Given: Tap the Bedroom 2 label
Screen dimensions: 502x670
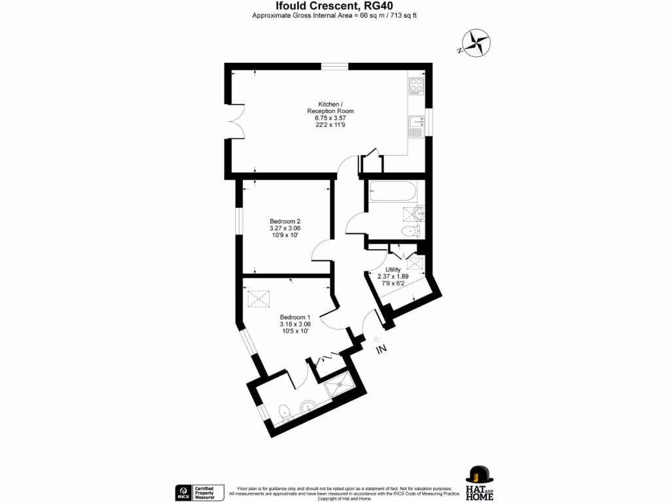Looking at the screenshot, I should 285,221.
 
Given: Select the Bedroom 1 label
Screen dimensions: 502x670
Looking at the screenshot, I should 294,317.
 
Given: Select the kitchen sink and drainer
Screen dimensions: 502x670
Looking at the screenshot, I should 416,125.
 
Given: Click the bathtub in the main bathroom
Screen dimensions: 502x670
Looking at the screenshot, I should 391,192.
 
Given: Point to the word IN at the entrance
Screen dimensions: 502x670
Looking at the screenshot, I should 381,350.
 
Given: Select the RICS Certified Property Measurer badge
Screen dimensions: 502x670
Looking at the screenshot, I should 200,492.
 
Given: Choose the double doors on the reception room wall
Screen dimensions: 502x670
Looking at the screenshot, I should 236,120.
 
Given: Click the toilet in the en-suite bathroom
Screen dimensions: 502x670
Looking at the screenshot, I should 284,412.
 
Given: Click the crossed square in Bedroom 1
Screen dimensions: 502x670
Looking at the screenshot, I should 258,299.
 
